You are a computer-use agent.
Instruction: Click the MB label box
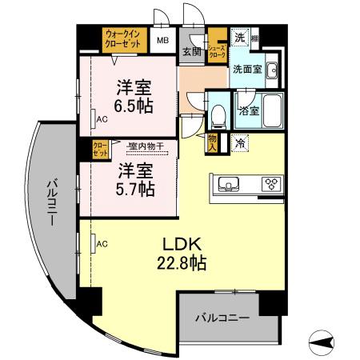(x=162, y=40)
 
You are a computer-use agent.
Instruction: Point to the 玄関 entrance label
(x=191, y=52)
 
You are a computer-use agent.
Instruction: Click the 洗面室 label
(x=247, y=69)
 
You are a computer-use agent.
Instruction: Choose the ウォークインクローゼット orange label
(x=123, y=38)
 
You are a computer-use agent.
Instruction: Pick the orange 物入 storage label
(x=212, y=142)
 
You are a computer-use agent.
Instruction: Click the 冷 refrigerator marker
(x=240, y=143)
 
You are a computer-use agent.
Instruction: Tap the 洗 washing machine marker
(x=239, y=37)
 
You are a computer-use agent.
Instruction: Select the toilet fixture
(x=218, y=115)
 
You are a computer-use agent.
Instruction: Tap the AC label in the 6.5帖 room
(x=102, y=118)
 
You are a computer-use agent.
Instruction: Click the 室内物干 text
(x=145, y=146)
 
